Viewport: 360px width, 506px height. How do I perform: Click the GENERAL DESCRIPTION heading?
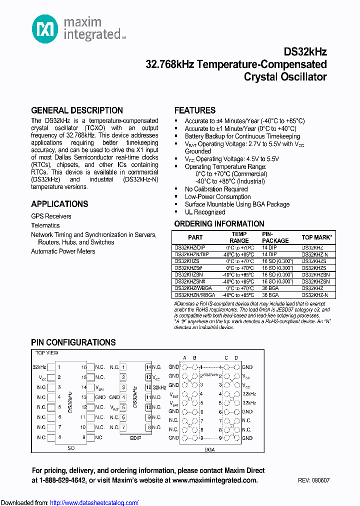(x=77, y=110)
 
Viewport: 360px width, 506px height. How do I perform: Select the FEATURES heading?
(x=195, y=110)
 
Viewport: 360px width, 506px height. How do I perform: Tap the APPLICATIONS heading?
(x=59, y=204)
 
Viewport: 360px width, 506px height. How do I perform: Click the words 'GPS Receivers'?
(x=51, y=216)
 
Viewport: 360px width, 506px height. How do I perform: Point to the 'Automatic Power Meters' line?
(x=63, y=251)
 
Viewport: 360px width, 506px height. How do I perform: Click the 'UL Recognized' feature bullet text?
(x=205, y=212)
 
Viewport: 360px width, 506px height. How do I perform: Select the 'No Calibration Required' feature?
(x=216, y=189)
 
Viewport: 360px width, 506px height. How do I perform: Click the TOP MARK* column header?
(x=317, y=237)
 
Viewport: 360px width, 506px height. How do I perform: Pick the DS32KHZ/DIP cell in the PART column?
(x=190, y=247)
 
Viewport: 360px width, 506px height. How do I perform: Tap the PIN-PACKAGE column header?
(x=275, y=237)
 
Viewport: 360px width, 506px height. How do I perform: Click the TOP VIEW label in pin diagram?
(x=46, y=353)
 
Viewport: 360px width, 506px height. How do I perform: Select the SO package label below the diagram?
(x=71, y=448)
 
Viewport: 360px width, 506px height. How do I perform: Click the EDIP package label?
(x=135, y=438)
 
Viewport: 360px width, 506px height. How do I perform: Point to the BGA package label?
(x=210, y=449)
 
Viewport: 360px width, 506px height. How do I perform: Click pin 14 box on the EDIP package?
(x=148, y=367)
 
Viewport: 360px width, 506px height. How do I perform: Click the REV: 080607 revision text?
(x=313, y=480)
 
